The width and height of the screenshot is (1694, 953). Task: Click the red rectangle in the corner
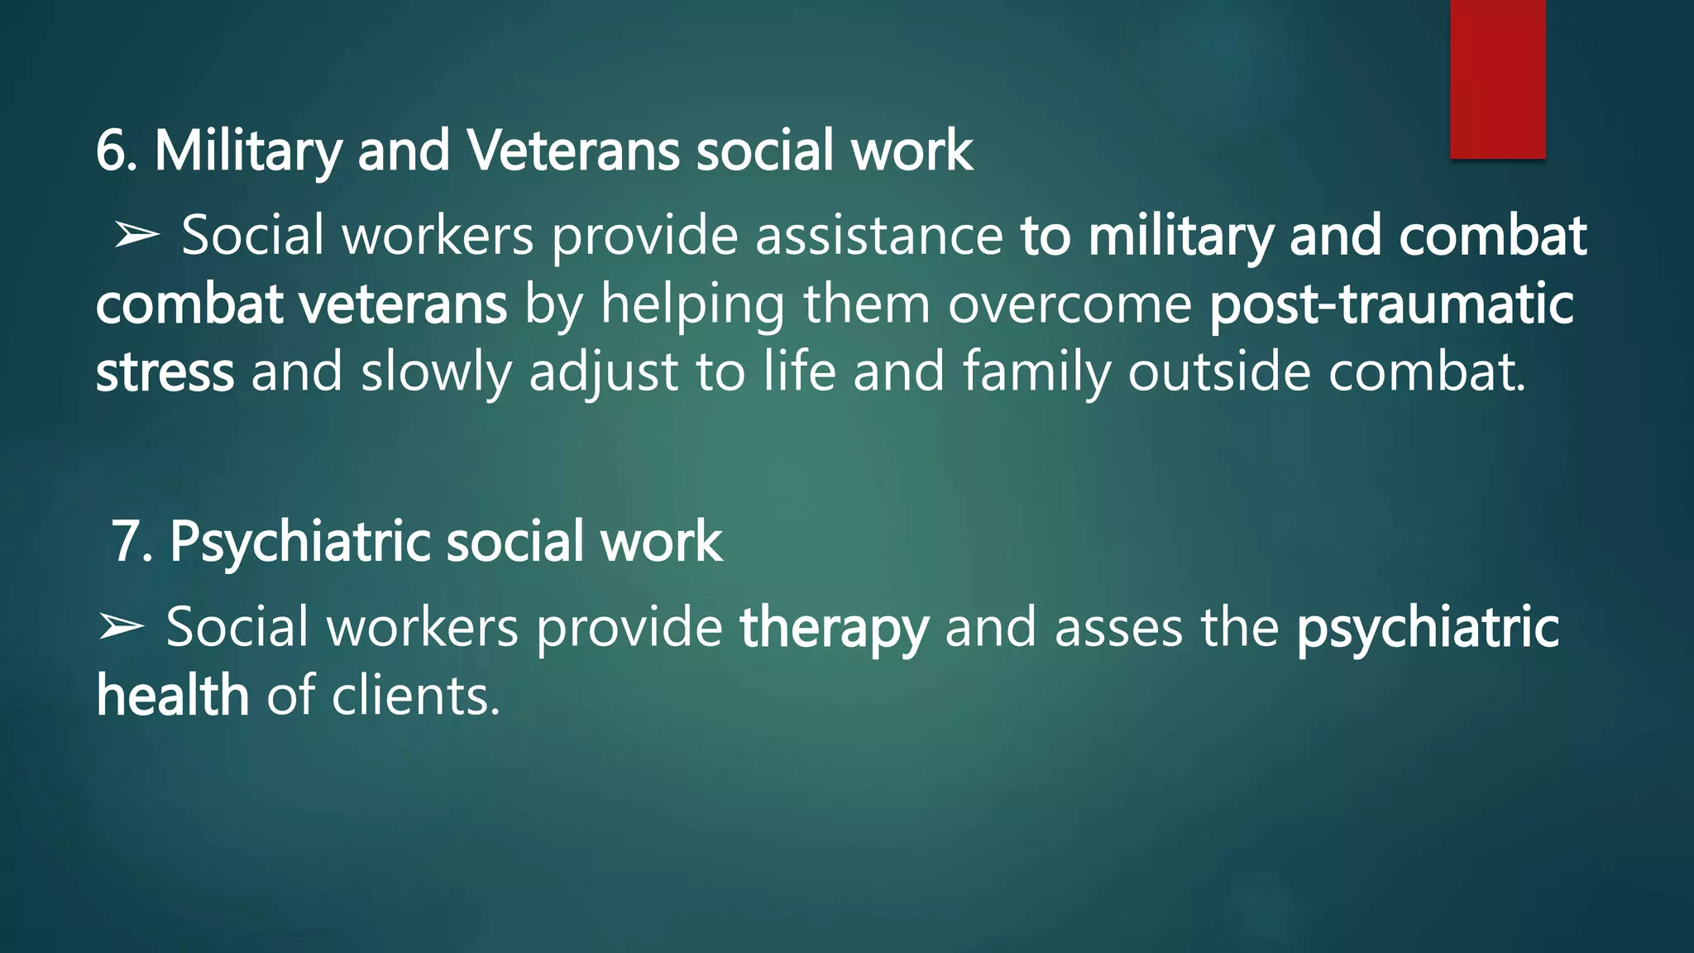click(1497, 79)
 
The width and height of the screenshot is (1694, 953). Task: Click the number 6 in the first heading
click(110, 151)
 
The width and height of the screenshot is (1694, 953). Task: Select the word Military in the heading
click(247, 151)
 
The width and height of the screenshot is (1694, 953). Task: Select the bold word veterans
click(403, 304)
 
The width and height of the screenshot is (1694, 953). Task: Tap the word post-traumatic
click(1391, 304)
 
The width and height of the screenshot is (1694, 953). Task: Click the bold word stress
click(165, 372)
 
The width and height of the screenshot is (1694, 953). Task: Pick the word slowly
click(436, 372)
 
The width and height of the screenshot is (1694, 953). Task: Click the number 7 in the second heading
click(127, 543)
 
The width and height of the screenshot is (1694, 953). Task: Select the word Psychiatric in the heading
click(299, 543)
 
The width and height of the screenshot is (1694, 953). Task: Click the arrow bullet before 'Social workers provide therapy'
click(121, 627)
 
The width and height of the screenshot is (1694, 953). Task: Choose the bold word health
click(172, 696)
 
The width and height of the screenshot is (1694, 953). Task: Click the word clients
click(415, 696)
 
